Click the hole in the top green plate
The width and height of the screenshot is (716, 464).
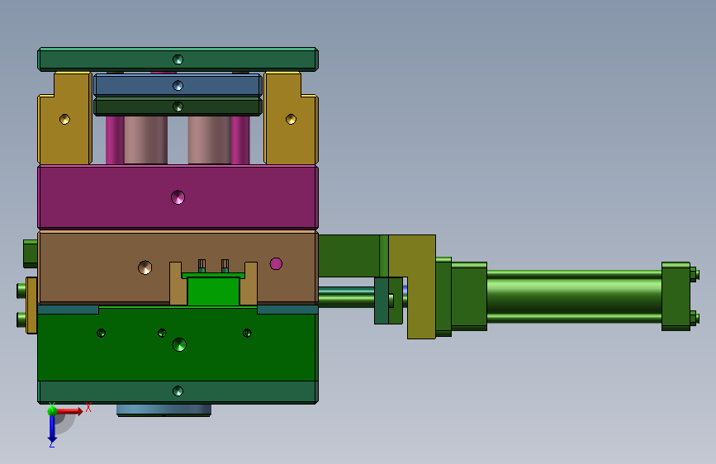(178, 59)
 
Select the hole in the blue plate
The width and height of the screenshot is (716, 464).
(178, 85)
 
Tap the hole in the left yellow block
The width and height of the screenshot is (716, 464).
(65, 119)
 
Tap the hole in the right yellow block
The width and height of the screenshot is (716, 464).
(291, 119)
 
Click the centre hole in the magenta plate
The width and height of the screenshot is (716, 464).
(178, 197)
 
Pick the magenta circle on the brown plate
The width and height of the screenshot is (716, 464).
(276, 263)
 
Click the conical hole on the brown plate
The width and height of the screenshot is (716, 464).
(145, 268)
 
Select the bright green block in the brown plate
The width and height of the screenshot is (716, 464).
(213, 291)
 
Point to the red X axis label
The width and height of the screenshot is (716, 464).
(88, 407)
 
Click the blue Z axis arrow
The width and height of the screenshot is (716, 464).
(52, 428)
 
